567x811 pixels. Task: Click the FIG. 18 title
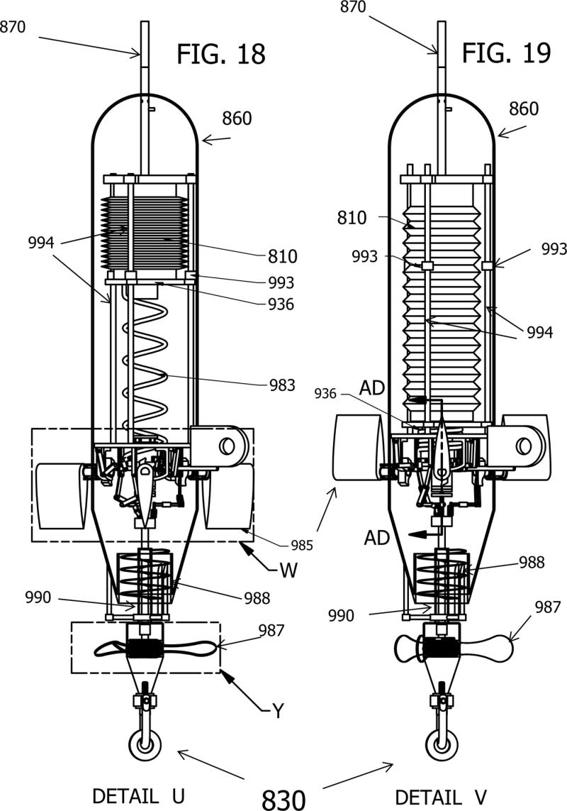220,53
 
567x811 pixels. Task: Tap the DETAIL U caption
139,796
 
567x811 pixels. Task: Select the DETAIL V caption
441,796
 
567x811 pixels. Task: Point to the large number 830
283,800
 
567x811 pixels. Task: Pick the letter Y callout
278,710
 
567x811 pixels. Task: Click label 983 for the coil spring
282,385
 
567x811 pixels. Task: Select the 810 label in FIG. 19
352,217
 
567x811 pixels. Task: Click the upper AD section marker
372,387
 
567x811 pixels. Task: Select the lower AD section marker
376,538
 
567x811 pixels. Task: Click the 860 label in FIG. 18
237,118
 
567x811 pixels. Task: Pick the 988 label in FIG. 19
532,563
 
